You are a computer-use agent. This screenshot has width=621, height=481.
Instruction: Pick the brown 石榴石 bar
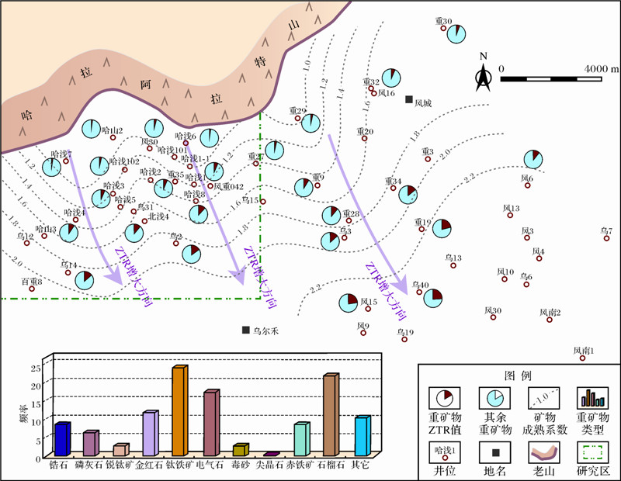(331, 415)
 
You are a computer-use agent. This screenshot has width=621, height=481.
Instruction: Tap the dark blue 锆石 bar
(62, 439)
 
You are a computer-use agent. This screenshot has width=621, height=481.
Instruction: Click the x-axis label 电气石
(210, 465)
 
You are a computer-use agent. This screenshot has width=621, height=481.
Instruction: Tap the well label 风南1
(583, 351)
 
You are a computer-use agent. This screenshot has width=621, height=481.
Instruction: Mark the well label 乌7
(606, 230)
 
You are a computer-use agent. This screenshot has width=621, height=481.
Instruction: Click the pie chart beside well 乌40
(433, 297)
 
